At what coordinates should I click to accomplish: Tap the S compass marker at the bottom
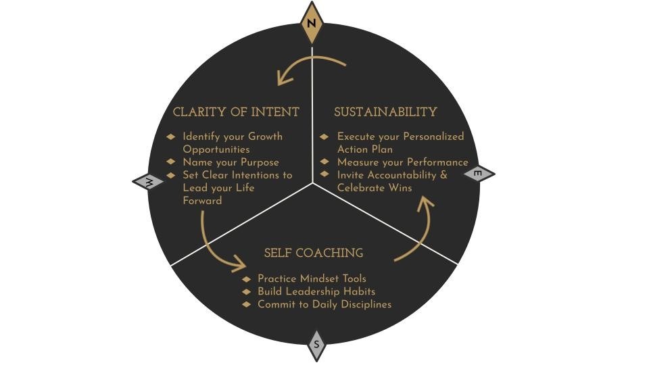tap(316, 345)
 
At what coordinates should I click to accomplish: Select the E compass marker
tap(478, 174)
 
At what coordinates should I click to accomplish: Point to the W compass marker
tap(149, 181)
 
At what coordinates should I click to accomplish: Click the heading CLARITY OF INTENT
tap(236, 112)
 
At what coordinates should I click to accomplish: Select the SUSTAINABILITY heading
tap(385, 112)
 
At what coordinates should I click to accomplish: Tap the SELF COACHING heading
tap(314, 253)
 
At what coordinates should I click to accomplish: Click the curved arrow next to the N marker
tap(308, 68)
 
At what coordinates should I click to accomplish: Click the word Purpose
tap(260, 162)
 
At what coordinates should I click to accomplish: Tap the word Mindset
tap(322, 278)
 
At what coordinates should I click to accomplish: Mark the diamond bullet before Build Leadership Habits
tap(247, 292)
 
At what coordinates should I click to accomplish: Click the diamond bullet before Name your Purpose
tap(171, 162)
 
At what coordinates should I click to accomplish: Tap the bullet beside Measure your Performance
tap(324, 162)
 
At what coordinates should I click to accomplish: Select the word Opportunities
tap(216, 149)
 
